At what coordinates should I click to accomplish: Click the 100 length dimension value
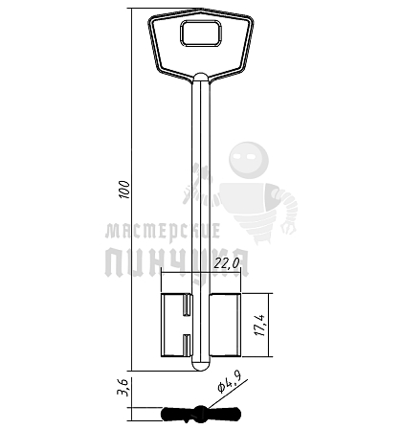(124, 190)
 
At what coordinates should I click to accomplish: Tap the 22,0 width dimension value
(227, 263)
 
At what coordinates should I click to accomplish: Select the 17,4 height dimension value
(260, 325)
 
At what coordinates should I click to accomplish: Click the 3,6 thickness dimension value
(123, 387)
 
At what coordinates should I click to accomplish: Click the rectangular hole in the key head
(201, 34)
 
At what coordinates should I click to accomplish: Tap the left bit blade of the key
(176, 325)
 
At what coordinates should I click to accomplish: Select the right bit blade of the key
(225, 325)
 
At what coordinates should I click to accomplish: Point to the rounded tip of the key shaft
(201, 366)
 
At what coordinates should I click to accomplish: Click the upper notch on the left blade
(187, 305)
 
